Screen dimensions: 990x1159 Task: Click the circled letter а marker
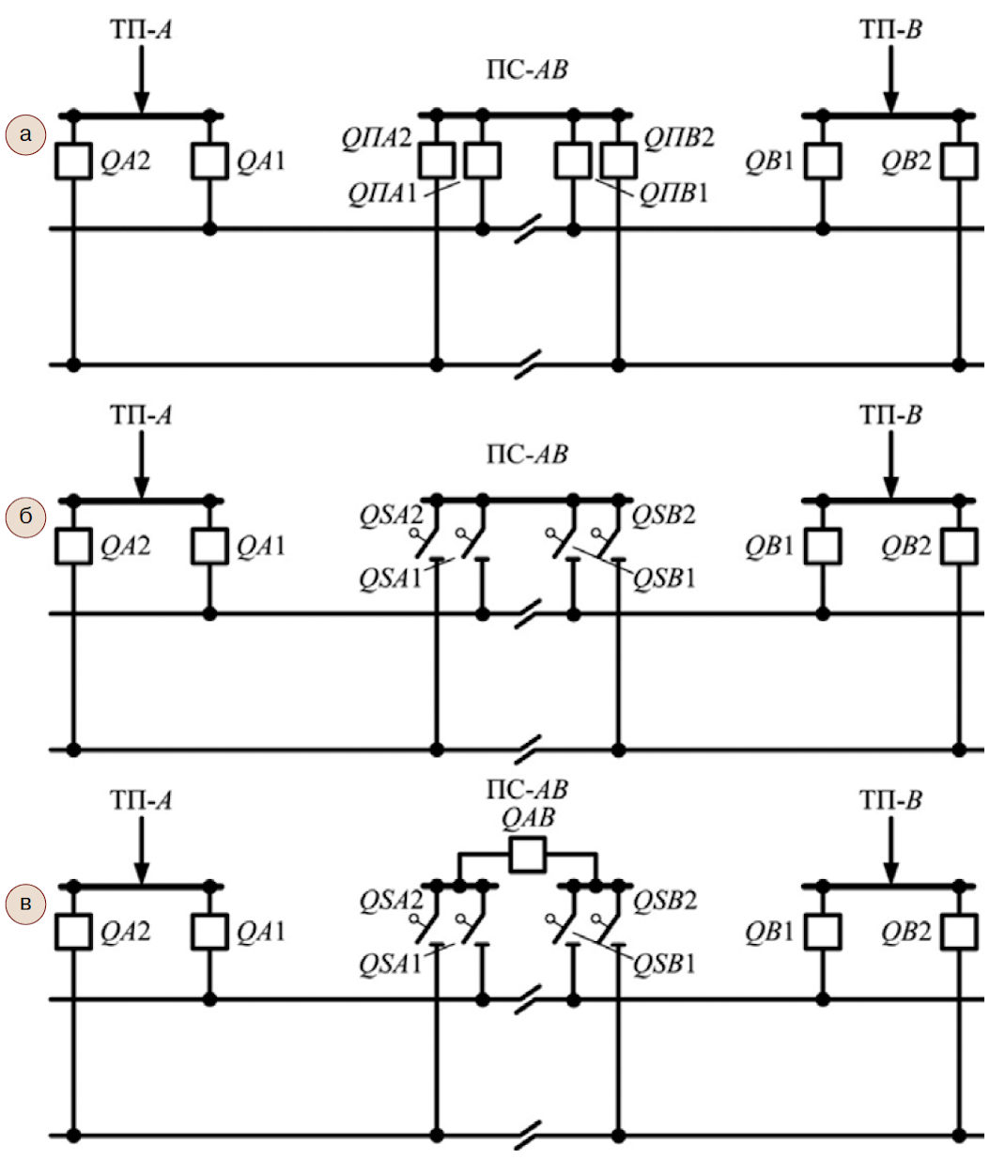tap(25, 135)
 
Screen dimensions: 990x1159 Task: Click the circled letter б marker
tap(25, 517)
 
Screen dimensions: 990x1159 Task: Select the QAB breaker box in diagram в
tap(527, 855)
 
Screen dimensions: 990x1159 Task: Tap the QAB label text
tap(527, 817)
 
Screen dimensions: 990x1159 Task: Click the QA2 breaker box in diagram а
tap(73, 162)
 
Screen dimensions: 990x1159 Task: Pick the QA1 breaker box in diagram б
tap(209, 546)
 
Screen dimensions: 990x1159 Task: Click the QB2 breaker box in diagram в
tap(960, 933)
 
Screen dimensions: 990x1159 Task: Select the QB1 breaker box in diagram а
tap(823, 162)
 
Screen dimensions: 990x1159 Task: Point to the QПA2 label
tap(377, 138)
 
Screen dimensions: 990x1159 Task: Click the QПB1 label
tap(673, 193)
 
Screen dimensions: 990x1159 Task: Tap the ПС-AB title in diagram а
tap(527, 70)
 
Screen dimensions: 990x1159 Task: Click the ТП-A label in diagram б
tap(141, 415)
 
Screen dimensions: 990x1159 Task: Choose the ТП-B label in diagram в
tap(890, 800)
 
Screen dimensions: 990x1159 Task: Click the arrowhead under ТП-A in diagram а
tap(142, 103)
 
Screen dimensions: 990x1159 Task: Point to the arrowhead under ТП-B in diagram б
tap(890, 487)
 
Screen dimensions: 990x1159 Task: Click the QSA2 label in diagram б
tap(391, 516)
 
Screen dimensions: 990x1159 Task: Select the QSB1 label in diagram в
tap(664, 965)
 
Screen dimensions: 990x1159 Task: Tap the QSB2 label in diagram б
tap(663, 516)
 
